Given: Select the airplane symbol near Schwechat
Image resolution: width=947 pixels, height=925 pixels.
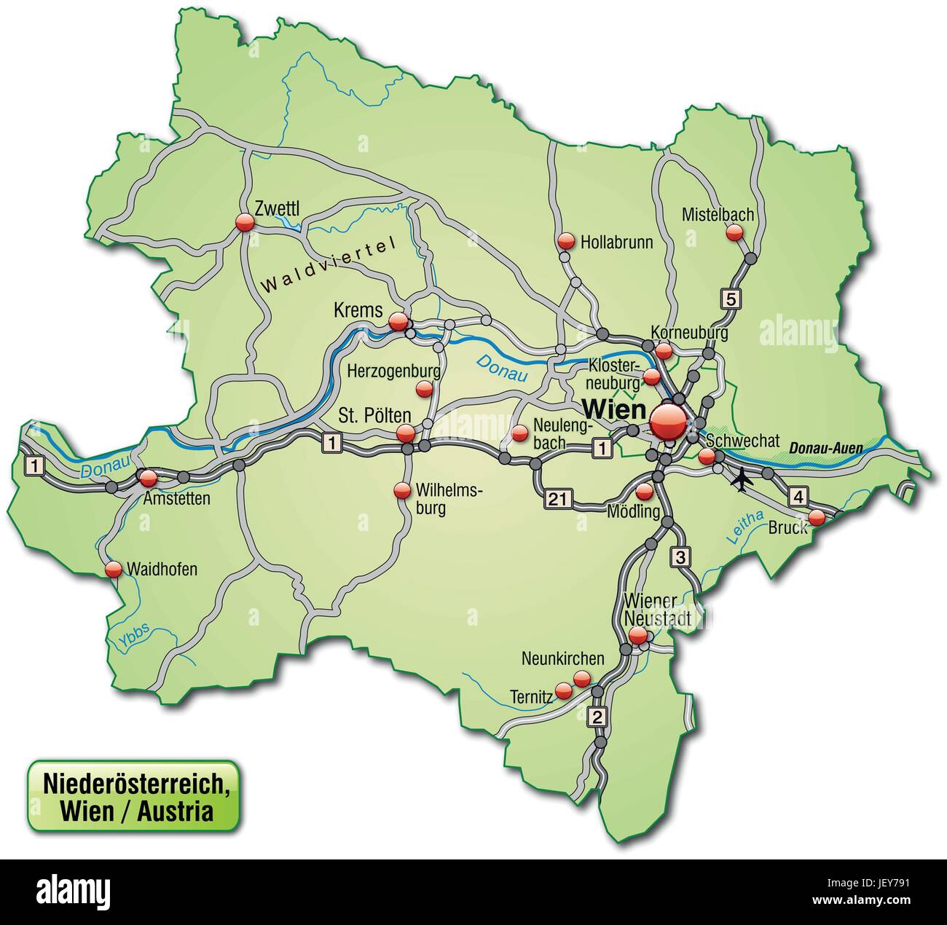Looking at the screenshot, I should coord(742,481).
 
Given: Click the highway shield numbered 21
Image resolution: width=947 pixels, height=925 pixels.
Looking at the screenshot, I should coord(557,499).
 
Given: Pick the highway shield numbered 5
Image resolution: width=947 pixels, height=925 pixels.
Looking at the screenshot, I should coord(731,297).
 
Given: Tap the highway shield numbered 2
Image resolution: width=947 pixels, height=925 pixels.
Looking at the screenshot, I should coord(597,716).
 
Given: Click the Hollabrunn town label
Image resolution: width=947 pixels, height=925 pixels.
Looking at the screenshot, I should coord(616,242).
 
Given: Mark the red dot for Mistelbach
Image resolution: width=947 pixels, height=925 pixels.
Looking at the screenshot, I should coord(734,232).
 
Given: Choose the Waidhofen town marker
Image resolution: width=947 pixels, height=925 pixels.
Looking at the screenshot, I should coord(113,569).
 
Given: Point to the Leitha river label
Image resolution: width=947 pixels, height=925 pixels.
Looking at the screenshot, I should coord(744,528).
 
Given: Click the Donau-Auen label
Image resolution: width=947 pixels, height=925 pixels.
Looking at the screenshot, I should coord(821,447).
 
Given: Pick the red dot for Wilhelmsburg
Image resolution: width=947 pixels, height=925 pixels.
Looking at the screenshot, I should coord(401,491).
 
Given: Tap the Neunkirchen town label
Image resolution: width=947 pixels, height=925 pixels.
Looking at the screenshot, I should coord(562,658).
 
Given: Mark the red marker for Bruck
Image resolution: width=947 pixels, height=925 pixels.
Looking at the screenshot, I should coord(817,517).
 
